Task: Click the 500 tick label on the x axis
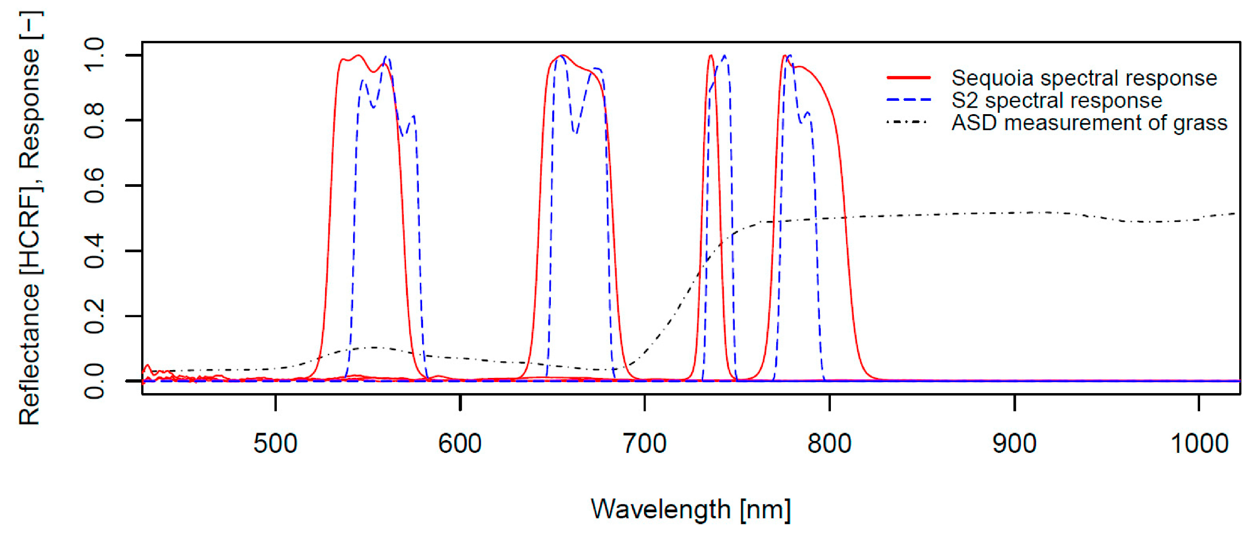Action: tap(275, 444)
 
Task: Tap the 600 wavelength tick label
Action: tap(460, 444)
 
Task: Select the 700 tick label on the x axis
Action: tap(645, 444)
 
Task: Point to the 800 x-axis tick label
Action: tap(830, 444)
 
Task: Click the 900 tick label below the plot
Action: tap(1014, 444)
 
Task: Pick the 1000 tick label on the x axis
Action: tap(1199, 444)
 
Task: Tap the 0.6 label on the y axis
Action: tap(94, 185)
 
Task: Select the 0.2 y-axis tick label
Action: tap(94, 316)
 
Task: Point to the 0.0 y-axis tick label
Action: tap(94, 381)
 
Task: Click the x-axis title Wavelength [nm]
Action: tap(691, 509)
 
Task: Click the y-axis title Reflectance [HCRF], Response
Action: tap(30, 219)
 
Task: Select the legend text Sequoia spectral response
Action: tap(1084, 78)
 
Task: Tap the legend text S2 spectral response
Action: tap(1057, 100)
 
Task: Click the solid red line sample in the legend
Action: tap(909, 78)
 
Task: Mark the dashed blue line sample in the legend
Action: tap(909, 100)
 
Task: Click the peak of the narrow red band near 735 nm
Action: tap(711, 56)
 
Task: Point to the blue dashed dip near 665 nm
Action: tap(576, 133)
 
